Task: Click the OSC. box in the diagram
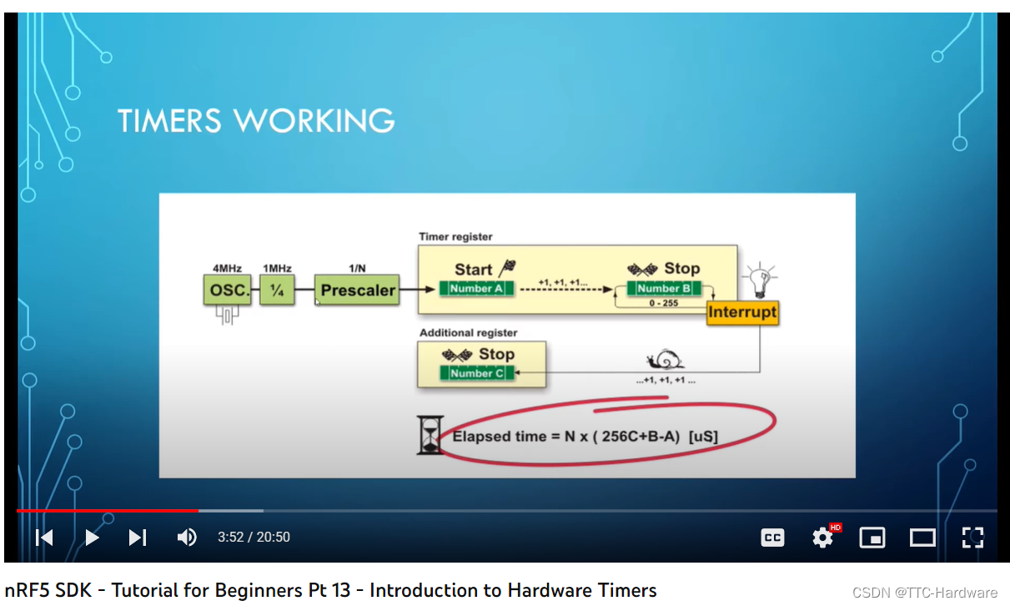coord(227,291)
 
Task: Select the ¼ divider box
coord(277,291)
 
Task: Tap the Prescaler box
coord(357,291)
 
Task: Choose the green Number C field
coord(476,373)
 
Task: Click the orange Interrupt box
coord(741,313)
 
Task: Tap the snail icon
coord(666,361)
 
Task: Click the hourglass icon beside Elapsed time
coord(430,435)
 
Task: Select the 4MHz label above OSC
coord(227,268)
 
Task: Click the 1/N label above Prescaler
coord(357,268)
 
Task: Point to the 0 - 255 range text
coord(663,303)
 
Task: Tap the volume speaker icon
coord(187,538)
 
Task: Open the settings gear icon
coord(822,538)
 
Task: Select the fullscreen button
coord(972,538)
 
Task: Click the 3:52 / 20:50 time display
coord(254,538)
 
